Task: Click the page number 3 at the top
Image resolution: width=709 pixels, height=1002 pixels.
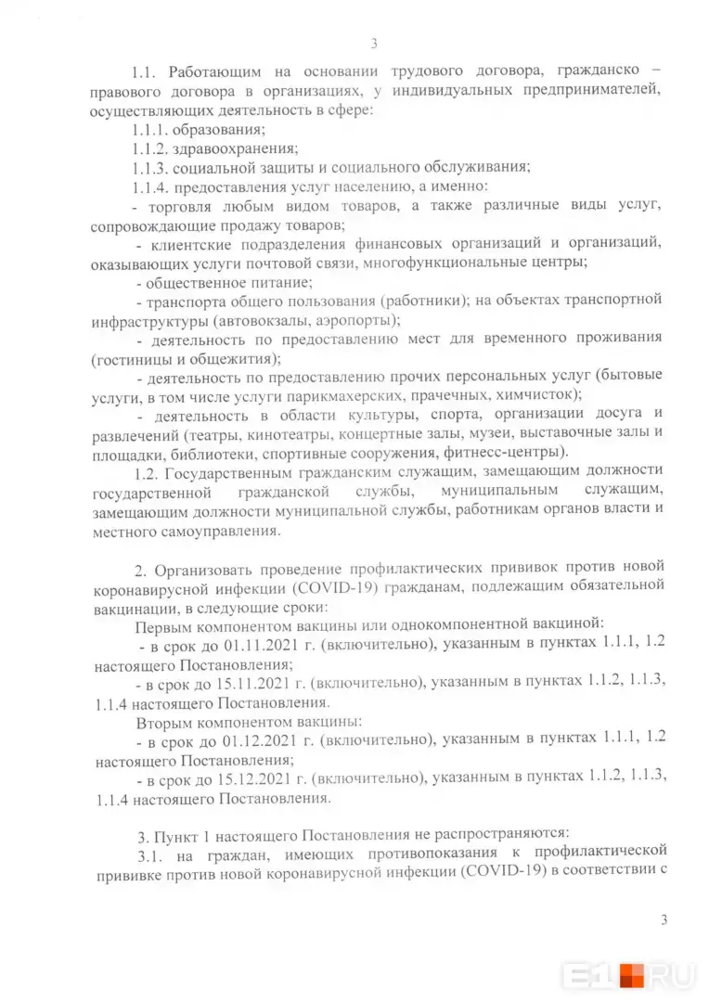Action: tap(373, 43)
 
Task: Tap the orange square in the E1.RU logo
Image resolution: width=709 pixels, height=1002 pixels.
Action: tap(632, 976)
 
